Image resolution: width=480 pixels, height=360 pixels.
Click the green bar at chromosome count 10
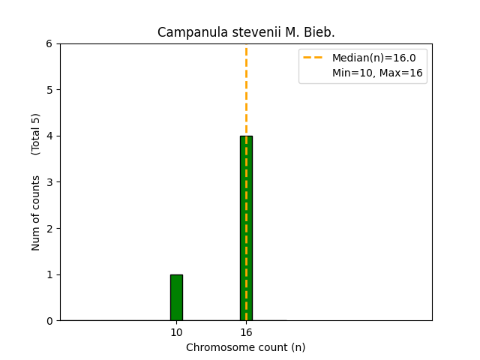[176, 298]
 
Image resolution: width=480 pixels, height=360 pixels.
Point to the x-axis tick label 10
[176, 332]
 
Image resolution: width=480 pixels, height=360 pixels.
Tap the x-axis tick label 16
[246, 332]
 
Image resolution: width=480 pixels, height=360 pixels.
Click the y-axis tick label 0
[49, 321]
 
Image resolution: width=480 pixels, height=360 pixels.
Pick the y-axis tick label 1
[49, 274]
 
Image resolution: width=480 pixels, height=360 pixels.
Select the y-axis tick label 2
[49, 229]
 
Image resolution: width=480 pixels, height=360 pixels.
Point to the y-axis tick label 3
[49, 182]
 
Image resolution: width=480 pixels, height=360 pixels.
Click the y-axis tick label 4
[49, 136]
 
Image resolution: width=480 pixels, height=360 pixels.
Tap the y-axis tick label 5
[49, 90]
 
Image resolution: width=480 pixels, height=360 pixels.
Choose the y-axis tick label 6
[49, 43]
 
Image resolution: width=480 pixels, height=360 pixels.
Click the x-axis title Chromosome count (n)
[246, 347]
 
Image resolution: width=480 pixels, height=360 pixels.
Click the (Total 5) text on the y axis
[36, 134]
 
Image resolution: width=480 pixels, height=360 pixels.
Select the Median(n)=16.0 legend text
[373, 58]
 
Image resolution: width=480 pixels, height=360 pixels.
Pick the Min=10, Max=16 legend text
[377, 73]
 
